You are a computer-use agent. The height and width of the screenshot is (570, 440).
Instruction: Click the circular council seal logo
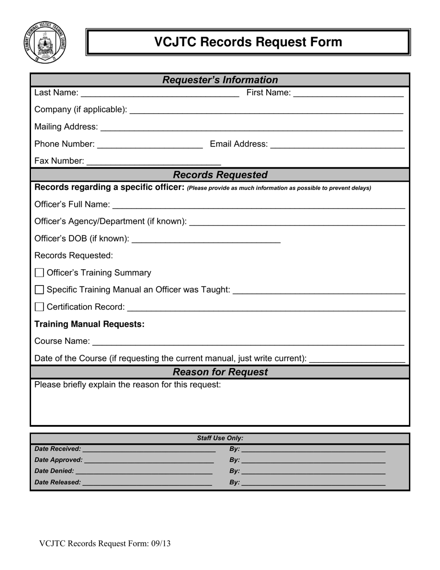coord(44,42)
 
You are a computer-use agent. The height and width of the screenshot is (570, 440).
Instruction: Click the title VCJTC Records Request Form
coord(248,42)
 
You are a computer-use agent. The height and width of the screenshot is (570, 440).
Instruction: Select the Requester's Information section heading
coord(220,80)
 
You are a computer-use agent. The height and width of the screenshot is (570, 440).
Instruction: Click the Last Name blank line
coord(160,94)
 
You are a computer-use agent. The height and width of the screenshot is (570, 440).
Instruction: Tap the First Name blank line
coord(348,94)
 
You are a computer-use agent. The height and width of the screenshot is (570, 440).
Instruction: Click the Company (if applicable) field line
coord(266,110)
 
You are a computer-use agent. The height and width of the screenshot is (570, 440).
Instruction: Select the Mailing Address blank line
coord(251,127)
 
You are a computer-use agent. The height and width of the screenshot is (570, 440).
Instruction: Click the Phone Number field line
coord(150,145)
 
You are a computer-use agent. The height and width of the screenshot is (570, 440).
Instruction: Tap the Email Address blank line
coord(337,145)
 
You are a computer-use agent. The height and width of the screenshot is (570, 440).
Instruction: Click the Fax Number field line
coord(154,162)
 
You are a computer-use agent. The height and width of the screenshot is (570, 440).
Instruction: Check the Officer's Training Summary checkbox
coord(39,273)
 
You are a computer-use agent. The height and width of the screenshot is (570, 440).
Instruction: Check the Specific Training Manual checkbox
coord(39,290)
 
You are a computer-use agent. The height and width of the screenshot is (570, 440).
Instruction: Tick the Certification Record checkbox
coord(39,307)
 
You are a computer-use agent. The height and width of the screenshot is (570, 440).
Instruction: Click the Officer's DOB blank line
coord(206,239)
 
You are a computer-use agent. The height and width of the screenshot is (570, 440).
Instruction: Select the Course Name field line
coord(248,342)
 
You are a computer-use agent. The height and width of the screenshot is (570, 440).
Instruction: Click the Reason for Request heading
coord(220,372)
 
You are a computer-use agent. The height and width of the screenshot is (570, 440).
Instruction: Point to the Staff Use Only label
coord(220,438)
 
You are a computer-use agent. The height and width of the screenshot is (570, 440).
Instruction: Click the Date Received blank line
coord(149,449)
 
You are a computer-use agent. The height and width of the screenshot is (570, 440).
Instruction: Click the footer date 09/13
coord(160,544)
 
